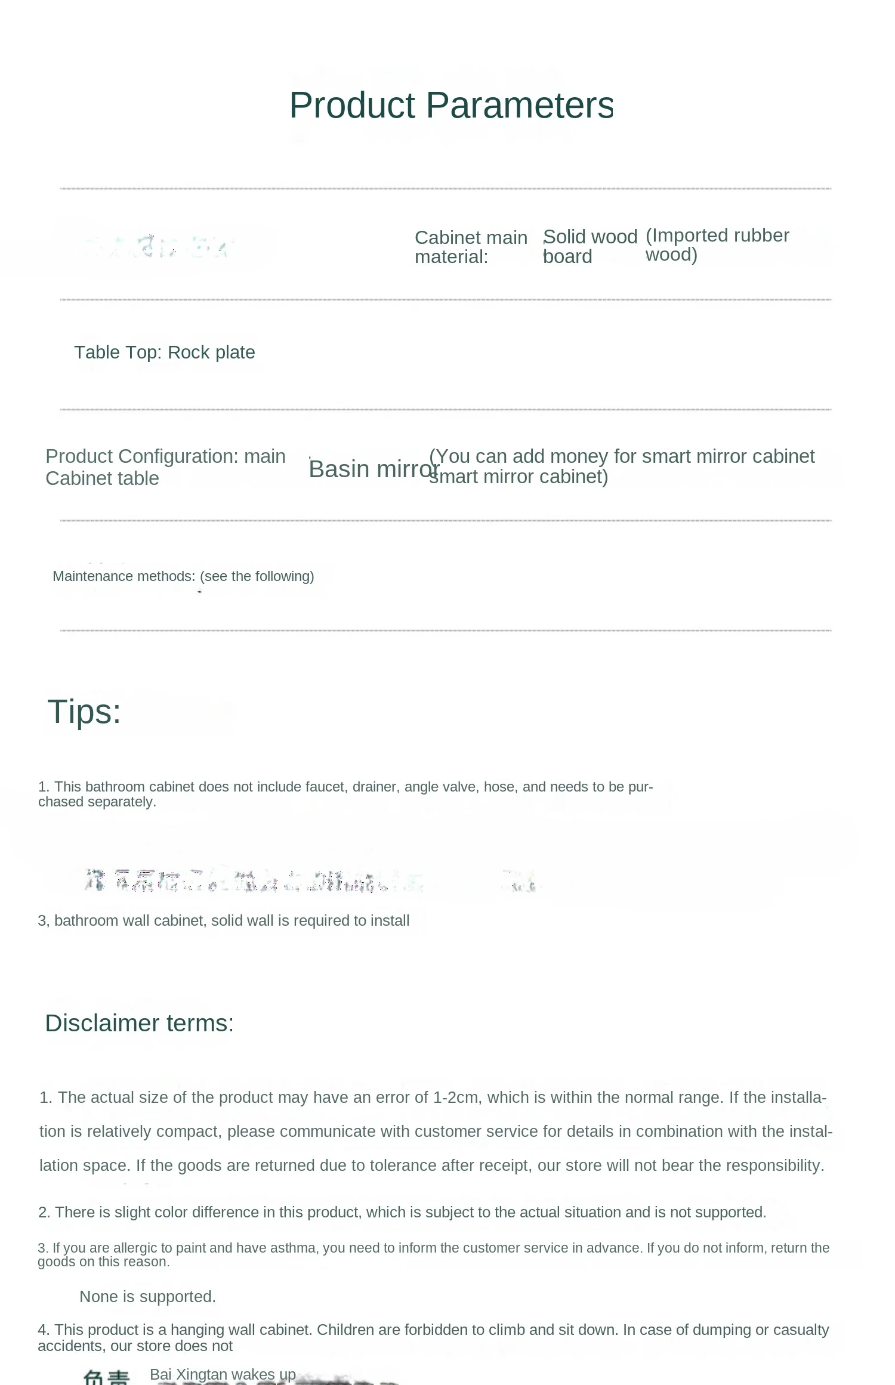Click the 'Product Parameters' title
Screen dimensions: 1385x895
coord(451,106)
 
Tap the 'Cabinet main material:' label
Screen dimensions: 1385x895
coord(470,247)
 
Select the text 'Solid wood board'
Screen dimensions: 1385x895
coord(590,246)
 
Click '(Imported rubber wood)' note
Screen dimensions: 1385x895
coord(717,245)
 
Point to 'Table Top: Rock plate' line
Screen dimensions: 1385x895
coord(164,353)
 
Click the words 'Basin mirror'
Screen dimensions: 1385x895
coord(374,469)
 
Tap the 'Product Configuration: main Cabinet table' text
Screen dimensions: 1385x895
coord(165,467)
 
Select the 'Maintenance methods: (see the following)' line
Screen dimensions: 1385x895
coord(183,576)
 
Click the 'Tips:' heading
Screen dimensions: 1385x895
coord(84,712)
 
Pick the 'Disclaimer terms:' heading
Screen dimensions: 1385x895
coord(139,1023)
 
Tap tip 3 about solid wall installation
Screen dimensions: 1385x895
coord(223,920)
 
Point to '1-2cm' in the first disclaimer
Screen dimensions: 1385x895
coord(456,1098)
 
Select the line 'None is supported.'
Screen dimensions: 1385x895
coord(147,1297)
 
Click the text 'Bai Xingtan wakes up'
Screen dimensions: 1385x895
coord(223,1374)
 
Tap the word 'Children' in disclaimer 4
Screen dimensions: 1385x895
coord(344,1330)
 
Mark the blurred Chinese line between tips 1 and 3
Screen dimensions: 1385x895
coord(310,881)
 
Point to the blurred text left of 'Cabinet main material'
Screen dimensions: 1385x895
coord(158,246)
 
